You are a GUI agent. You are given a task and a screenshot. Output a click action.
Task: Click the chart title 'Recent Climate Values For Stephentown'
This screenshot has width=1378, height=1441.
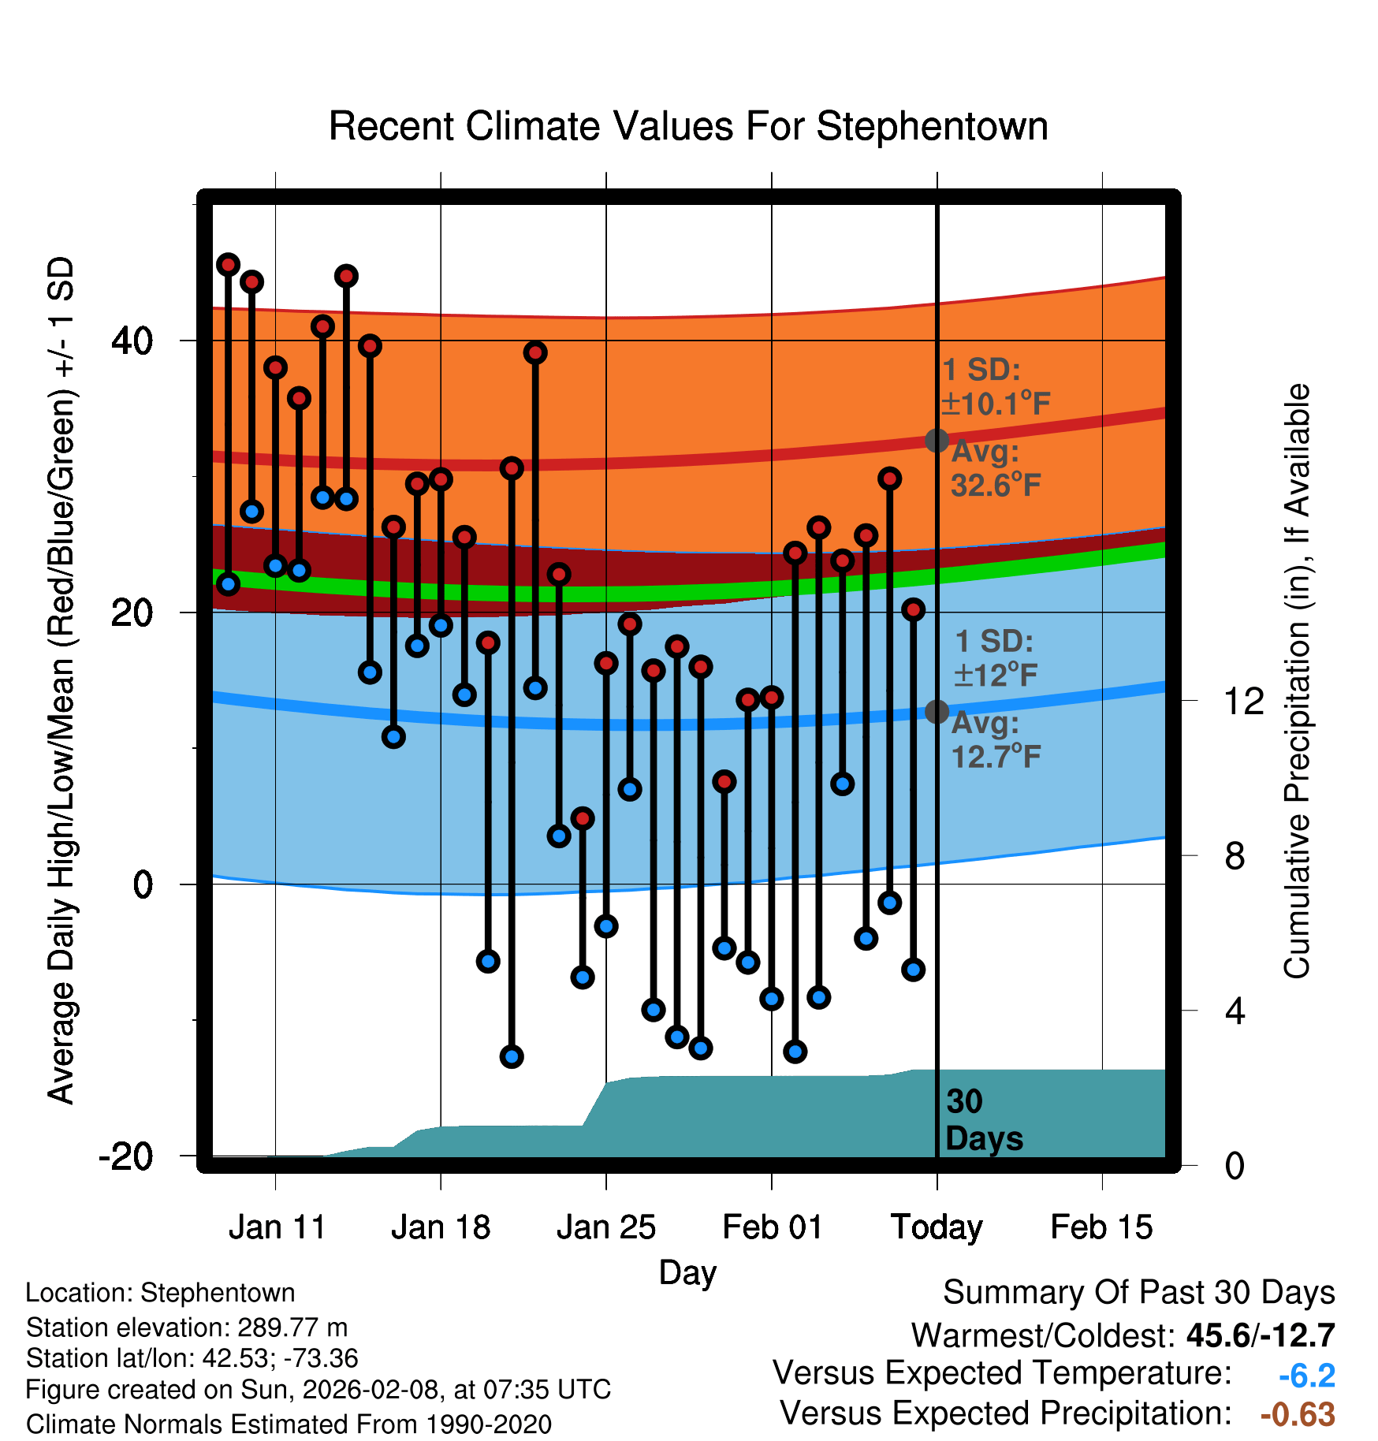[x=688, y=126]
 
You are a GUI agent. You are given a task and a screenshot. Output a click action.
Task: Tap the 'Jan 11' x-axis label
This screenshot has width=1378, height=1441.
[x=277, y=1227]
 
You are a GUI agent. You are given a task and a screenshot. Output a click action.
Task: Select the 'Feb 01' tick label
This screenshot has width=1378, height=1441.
[x=772, y=1227]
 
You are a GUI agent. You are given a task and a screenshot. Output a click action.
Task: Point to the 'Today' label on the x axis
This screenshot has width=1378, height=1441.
[x=937, y=1227]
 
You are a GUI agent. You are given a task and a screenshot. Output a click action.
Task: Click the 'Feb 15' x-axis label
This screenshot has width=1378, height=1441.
[x=1101, y=1227]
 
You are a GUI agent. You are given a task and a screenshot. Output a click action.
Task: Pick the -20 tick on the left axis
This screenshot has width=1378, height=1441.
[x=125, y=1156]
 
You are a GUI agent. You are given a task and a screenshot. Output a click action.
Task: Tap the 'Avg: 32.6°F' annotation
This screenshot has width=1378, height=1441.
[x=995, y=469]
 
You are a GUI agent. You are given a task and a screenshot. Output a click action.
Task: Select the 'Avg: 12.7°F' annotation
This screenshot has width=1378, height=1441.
[x=995, y=740]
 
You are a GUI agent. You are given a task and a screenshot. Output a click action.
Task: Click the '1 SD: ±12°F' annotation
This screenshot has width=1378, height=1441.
[x=995, y=658]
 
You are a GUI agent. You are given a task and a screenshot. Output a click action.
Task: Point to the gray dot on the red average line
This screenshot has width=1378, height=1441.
[x=937, y=440]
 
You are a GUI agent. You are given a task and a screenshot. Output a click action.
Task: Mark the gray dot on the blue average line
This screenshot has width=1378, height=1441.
[x=937, y=711]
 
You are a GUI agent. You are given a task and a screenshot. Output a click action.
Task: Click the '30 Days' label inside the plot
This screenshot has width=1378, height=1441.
[x=983, y=1120]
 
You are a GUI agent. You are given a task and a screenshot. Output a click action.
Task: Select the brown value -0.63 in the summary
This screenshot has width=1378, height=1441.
[x=1298, y=1414]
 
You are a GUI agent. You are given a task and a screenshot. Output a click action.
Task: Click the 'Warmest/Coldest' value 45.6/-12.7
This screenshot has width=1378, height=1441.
[x=1260, y=1335]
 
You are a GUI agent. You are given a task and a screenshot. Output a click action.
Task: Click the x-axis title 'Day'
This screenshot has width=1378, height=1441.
[x=687, y=1272]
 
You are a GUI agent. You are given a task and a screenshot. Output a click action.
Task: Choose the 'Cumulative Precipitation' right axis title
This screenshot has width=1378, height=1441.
[x=1296, y=681]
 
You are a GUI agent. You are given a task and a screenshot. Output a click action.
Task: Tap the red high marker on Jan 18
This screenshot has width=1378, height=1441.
[x=441, y=478]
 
